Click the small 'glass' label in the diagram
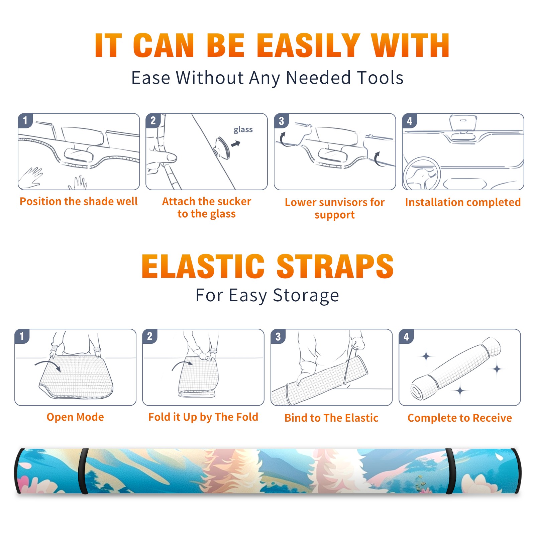pos(243,130)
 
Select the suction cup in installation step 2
pos(222,147)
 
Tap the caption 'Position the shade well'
pos(79,201)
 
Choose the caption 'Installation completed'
pos(463,202)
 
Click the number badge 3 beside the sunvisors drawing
pos(281,121)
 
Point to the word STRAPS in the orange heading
pos(335,266)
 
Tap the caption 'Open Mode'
pos(75,417)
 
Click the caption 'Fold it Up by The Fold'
pos(203,417)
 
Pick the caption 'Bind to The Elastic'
pos(331,418)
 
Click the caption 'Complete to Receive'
pos(460,418)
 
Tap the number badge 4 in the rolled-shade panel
pos(406,336)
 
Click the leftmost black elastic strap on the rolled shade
pos(83,471)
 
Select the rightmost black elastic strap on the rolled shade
pos(450,471)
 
